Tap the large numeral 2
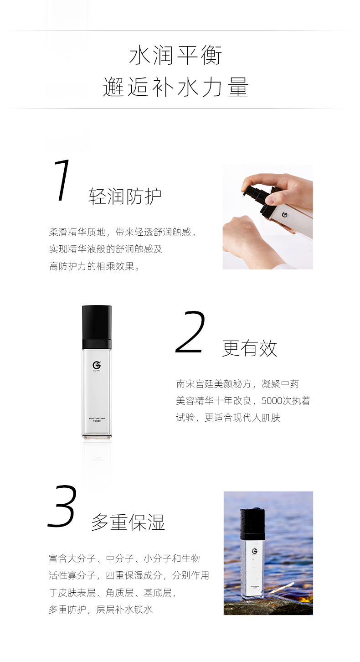click(190, 332)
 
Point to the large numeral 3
click(62, 506)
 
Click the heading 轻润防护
click(125, 196)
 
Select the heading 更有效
click(250, 348)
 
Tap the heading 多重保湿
click(128, 522)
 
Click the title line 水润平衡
click(176, 55)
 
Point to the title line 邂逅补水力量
click(176, 87)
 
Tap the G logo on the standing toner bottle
click(97, 366)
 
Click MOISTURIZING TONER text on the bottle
click(97, 419)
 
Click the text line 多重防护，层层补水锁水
click(101, 610)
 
